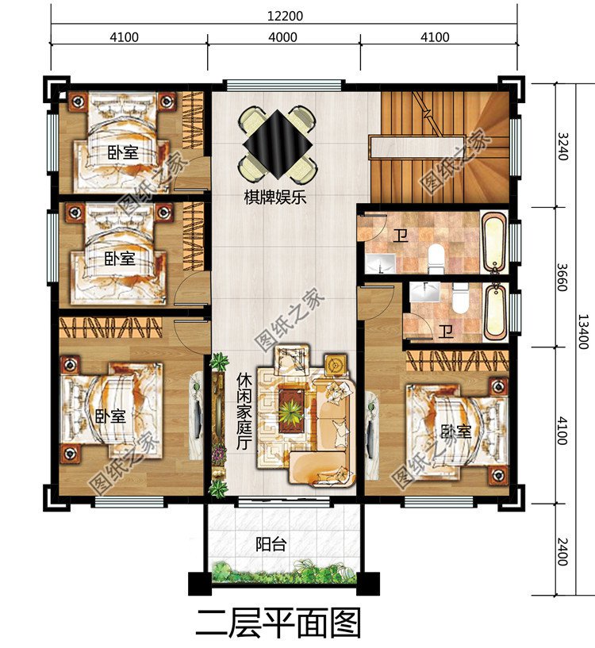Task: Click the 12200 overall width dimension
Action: pyautogui.click(x=285, y=16)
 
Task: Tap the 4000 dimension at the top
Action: pyautogui.click(x=282, y=37)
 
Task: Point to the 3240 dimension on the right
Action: pyautogui.click(x=562, y=146)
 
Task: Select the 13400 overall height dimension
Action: pyautogui.click(x=583, y=332)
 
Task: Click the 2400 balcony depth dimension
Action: pyautogui.click(x=562, y=552)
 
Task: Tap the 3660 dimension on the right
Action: pyautogui.click(x=562, y=278)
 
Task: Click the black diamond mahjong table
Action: pyautogui.click(x=278, y=144)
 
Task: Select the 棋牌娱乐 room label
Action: pyautogui.click(x=275, y=197)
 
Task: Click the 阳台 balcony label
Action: pyautogui.click(x=271, y=544)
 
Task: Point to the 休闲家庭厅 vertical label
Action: pyautogui.click(x=244, y=412)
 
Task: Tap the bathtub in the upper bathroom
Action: pyautogui.click(x=494, y=241)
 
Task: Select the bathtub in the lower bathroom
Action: pyautogui.click(x=495, y=312)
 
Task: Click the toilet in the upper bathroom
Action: pyautogui.click(x=436, y=259)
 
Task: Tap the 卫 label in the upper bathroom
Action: pyautogui.click(x=401, y=236)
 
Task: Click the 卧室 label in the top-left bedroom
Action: pyautogui.click(x=123, y=153)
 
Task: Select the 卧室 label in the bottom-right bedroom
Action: pyautogui.click(x=456, y=431)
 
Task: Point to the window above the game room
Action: pyautogui.click(x=284, y=84)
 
